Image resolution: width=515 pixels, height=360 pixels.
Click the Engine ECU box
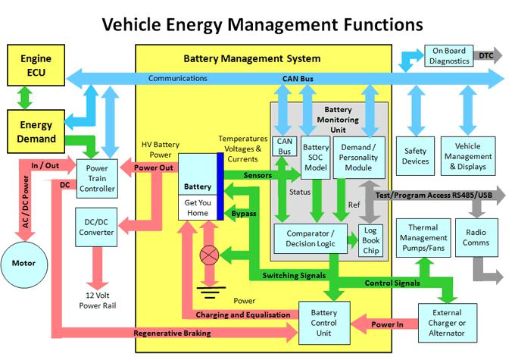click(36, 65)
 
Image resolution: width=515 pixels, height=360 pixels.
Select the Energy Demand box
click(36, 132)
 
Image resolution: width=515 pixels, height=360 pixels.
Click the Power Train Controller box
click(97, 179)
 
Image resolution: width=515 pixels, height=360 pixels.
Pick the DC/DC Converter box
click(96, 227)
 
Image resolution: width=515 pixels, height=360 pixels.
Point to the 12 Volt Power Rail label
click(98, 300)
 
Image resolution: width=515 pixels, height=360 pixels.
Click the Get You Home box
click(198, 208)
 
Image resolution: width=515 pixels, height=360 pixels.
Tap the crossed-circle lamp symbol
click(209, 255)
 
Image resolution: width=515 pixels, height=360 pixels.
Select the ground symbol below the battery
click(211, 293)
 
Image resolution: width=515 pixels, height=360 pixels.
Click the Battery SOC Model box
click(316, 158)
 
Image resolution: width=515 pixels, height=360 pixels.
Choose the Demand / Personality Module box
click(359, 158)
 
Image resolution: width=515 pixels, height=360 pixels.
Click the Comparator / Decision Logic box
click(311, 239)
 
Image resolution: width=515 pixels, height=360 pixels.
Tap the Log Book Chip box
click(371, 241)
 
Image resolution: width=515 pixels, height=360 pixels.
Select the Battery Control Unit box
click(324, 323)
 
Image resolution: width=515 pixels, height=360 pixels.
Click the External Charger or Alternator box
click(448, 323)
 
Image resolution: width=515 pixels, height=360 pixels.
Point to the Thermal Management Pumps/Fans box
click(423, 238)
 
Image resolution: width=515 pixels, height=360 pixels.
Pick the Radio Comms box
click(476, 237)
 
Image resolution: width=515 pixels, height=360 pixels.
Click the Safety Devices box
click(416, 156)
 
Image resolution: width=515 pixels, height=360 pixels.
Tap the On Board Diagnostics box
click(449, 56)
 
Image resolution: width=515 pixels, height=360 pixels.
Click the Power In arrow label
click(387, 324)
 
